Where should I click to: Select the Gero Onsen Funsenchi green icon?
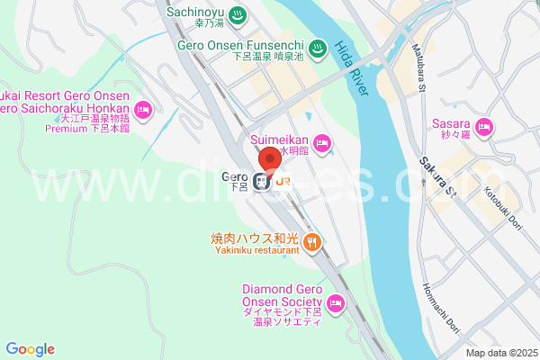point(317,49)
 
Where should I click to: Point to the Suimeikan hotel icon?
point(323,141)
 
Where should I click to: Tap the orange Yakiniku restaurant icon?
point(311,240)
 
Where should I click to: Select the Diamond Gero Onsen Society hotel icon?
point(335,304)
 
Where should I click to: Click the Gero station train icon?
point(261,182)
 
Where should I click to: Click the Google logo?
point(30,349)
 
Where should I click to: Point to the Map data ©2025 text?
point(502,353)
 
